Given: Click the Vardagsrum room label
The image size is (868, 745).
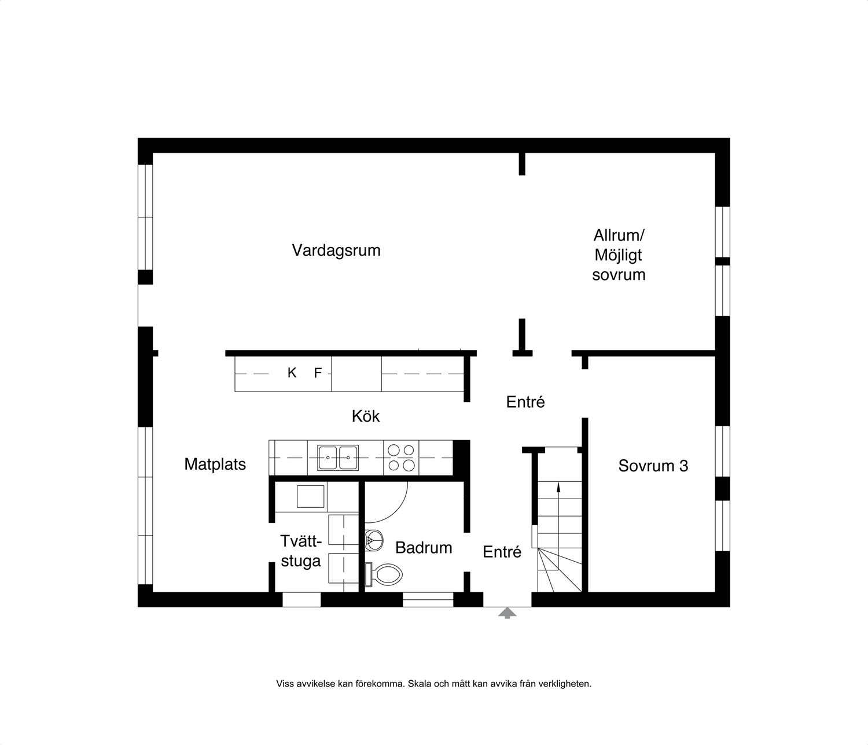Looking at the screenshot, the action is tap(336, 250).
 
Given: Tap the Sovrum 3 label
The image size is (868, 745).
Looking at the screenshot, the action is tap(653, 466).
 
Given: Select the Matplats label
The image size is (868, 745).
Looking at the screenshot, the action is tap(215, 464).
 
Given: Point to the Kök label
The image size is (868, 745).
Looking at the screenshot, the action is tap(365, 416).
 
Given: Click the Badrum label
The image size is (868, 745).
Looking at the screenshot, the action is tap(424, 548).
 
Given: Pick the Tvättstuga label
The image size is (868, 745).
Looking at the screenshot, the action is tap(301, 551).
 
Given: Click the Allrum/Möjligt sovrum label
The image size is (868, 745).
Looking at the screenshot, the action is tap(619, 255).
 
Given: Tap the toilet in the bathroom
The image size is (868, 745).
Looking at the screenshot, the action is tap(384, 574).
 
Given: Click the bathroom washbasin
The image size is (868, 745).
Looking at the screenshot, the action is tap(374, 541).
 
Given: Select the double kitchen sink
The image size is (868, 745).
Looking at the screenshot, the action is tap(337, 458).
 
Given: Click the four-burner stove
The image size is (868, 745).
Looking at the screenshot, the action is tap(401, 458).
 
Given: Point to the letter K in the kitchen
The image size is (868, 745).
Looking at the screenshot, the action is tap(292, 372).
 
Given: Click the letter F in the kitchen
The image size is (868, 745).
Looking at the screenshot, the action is tap(318, 372).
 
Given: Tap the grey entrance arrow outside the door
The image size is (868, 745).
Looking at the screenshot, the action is tap(507, 613).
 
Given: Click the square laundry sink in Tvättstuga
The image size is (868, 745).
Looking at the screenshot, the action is tap(310, 496).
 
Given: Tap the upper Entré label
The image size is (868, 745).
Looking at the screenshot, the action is tap(525, 402).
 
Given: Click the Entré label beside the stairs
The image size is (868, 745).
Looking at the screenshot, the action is tap(502, 552).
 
